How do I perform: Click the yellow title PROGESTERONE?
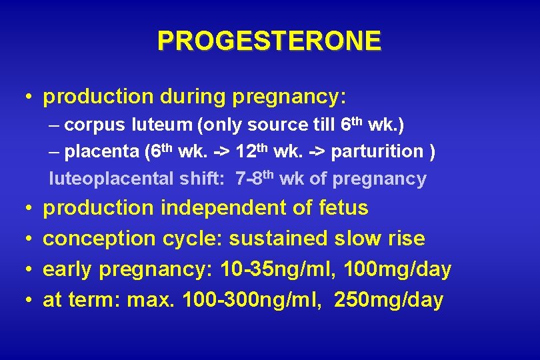269,41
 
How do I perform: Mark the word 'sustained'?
277,239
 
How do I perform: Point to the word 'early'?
68,270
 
